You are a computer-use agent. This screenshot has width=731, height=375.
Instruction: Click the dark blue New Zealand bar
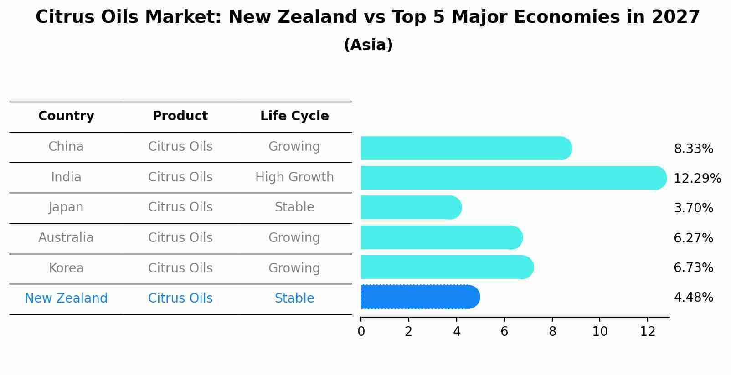(419, 297)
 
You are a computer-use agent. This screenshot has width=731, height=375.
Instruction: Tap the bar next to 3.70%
(410, 208)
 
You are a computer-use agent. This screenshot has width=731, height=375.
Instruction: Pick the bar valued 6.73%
(447, 267)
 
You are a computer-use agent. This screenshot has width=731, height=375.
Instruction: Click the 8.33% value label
(693, 149)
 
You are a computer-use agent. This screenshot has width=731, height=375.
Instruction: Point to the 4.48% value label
(693, 298)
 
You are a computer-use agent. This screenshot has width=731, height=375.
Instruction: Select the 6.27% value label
(693, 238)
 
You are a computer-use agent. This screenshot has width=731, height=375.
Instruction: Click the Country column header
(66, 116)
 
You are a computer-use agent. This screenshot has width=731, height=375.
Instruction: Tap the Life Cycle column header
(294, 116)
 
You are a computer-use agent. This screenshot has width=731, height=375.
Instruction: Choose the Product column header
(180, 116)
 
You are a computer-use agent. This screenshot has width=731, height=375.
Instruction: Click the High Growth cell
(294, 177)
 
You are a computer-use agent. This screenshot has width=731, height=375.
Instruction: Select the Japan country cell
(66, 207)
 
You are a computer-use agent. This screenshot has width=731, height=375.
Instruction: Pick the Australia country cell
(66, 238)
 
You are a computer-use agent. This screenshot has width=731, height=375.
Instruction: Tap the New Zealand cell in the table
(66, 298)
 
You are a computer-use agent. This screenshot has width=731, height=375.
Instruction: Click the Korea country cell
(66, 268)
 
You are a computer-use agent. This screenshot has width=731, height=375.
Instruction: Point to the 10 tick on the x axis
(600, 332)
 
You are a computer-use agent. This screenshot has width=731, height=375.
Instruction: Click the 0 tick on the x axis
(361, 332)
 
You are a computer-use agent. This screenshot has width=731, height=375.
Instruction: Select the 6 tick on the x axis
(504, 332)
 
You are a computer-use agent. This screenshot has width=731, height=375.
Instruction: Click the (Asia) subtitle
(368, 45)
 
